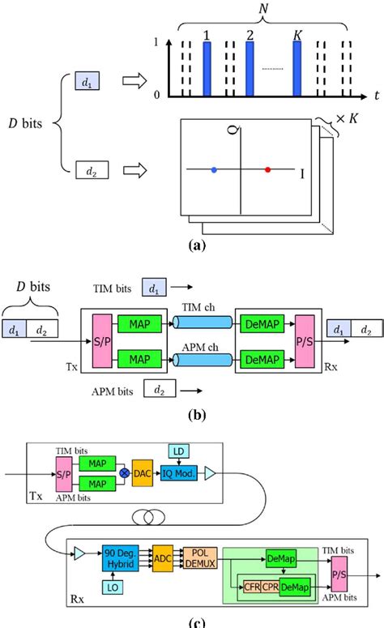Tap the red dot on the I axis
268,169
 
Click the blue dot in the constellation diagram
214,169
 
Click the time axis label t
376,96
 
